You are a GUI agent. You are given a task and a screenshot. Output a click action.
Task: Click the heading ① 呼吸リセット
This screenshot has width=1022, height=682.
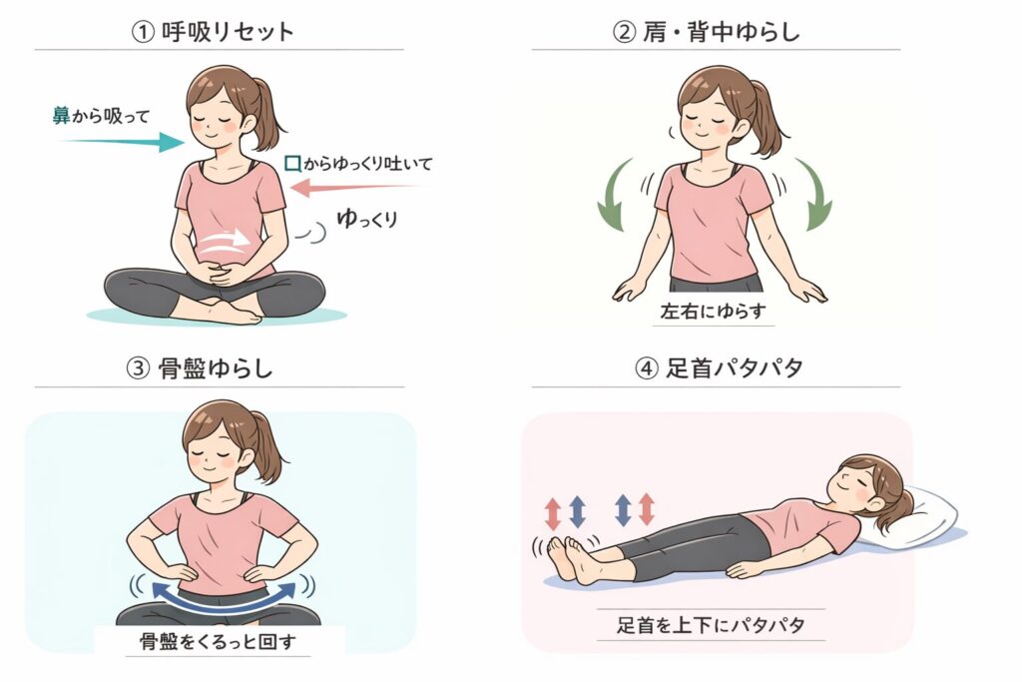(x=213, y=31)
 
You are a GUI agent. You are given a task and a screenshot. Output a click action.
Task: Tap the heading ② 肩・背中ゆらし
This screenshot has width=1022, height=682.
(x=706, y=31)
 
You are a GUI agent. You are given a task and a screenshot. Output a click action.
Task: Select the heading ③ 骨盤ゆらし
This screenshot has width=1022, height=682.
(x=199, y=368)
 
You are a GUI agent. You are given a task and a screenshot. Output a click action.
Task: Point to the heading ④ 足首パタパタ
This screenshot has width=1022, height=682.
(x=719, y=368)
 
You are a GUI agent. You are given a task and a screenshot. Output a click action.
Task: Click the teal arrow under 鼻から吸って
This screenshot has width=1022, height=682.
(x=122, y=142)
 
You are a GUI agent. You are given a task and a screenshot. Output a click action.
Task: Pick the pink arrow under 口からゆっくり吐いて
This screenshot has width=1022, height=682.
(x=354, y=188)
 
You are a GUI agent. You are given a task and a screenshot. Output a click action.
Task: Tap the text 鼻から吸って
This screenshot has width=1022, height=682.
(x=101, y=116)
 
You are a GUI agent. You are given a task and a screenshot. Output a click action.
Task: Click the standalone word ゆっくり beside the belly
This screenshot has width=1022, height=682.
(x=367, y=219)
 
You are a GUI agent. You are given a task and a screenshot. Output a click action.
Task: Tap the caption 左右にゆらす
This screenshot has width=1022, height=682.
(x=713, y=311)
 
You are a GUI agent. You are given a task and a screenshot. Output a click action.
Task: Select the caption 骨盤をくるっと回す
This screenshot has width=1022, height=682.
(x=218, y=642)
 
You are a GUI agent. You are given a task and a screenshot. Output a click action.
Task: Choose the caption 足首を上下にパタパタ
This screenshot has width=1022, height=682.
(x=711, y=625)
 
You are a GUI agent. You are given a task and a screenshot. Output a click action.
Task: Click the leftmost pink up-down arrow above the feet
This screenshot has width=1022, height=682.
(x=553, y=513)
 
